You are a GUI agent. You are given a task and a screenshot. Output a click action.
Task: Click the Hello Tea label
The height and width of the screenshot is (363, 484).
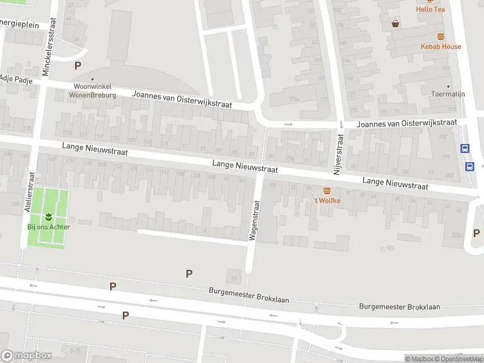430,9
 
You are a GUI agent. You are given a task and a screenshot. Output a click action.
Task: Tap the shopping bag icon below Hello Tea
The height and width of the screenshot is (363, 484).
396,24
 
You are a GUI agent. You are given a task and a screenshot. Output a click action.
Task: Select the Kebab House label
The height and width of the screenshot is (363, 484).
440,47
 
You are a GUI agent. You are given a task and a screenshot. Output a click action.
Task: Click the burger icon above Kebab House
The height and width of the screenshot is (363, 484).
440,36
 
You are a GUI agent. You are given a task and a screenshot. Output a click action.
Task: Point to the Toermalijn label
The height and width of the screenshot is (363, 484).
448,95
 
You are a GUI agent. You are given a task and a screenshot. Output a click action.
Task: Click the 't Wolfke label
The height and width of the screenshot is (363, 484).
327,200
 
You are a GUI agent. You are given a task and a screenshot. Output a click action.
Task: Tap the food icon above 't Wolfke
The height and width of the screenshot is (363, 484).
327,190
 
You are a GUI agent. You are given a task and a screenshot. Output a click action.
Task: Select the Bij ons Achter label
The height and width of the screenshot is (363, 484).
48,227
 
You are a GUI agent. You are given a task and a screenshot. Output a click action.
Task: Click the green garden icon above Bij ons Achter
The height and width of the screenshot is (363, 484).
48,217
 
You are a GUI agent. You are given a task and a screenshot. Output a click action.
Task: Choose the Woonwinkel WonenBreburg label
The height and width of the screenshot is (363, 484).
92,91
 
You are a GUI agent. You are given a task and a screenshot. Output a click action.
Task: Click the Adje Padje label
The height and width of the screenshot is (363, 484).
16,78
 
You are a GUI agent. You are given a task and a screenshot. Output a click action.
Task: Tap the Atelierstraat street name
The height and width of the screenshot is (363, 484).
28,191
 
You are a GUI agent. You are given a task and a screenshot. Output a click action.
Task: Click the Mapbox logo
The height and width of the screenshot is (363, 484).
27,356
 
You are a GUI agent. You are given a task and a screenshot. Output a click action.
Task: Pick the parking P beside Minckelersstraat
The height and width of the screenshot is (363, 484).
77,65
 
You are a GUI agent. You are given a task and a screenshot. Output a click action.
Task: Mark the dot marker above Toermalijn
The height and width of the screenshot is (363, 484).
448,86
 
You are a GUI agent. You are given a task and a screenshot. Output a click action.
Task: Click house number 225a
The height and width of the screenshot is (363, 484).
456,235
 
